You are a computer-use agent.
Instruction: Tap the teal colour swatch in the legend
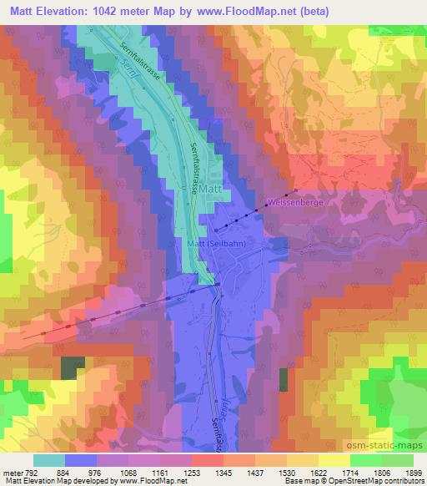pyautogui.click(x=49, y=460)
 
